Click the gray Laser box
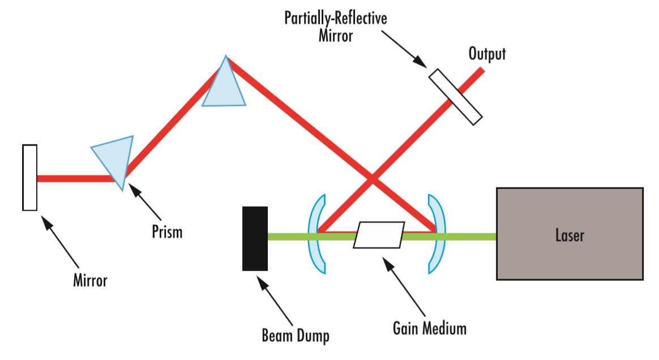click(x=570, y=234)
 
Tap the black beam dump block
click(x=255, y=238)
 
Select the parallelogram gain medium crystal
click(x=379, y=234)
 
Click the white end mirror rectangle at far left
click(x=30, y=178)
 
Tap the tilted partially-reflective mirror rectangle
click(x=455, y=96)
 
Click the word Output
click(x=487, y=54)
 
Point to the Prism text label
click(x=167, y=232)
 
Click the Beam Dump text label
click(x=296, y=336)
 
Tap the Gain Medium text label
click(x=430, y=328)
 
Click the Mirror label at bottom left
click(x=90, y=280)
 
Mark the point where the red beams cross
click(x=371, y=180)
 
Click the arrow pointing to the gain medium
click(x=404, y=289)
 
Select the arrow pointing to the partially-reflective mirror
click(x=403, y=48)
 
